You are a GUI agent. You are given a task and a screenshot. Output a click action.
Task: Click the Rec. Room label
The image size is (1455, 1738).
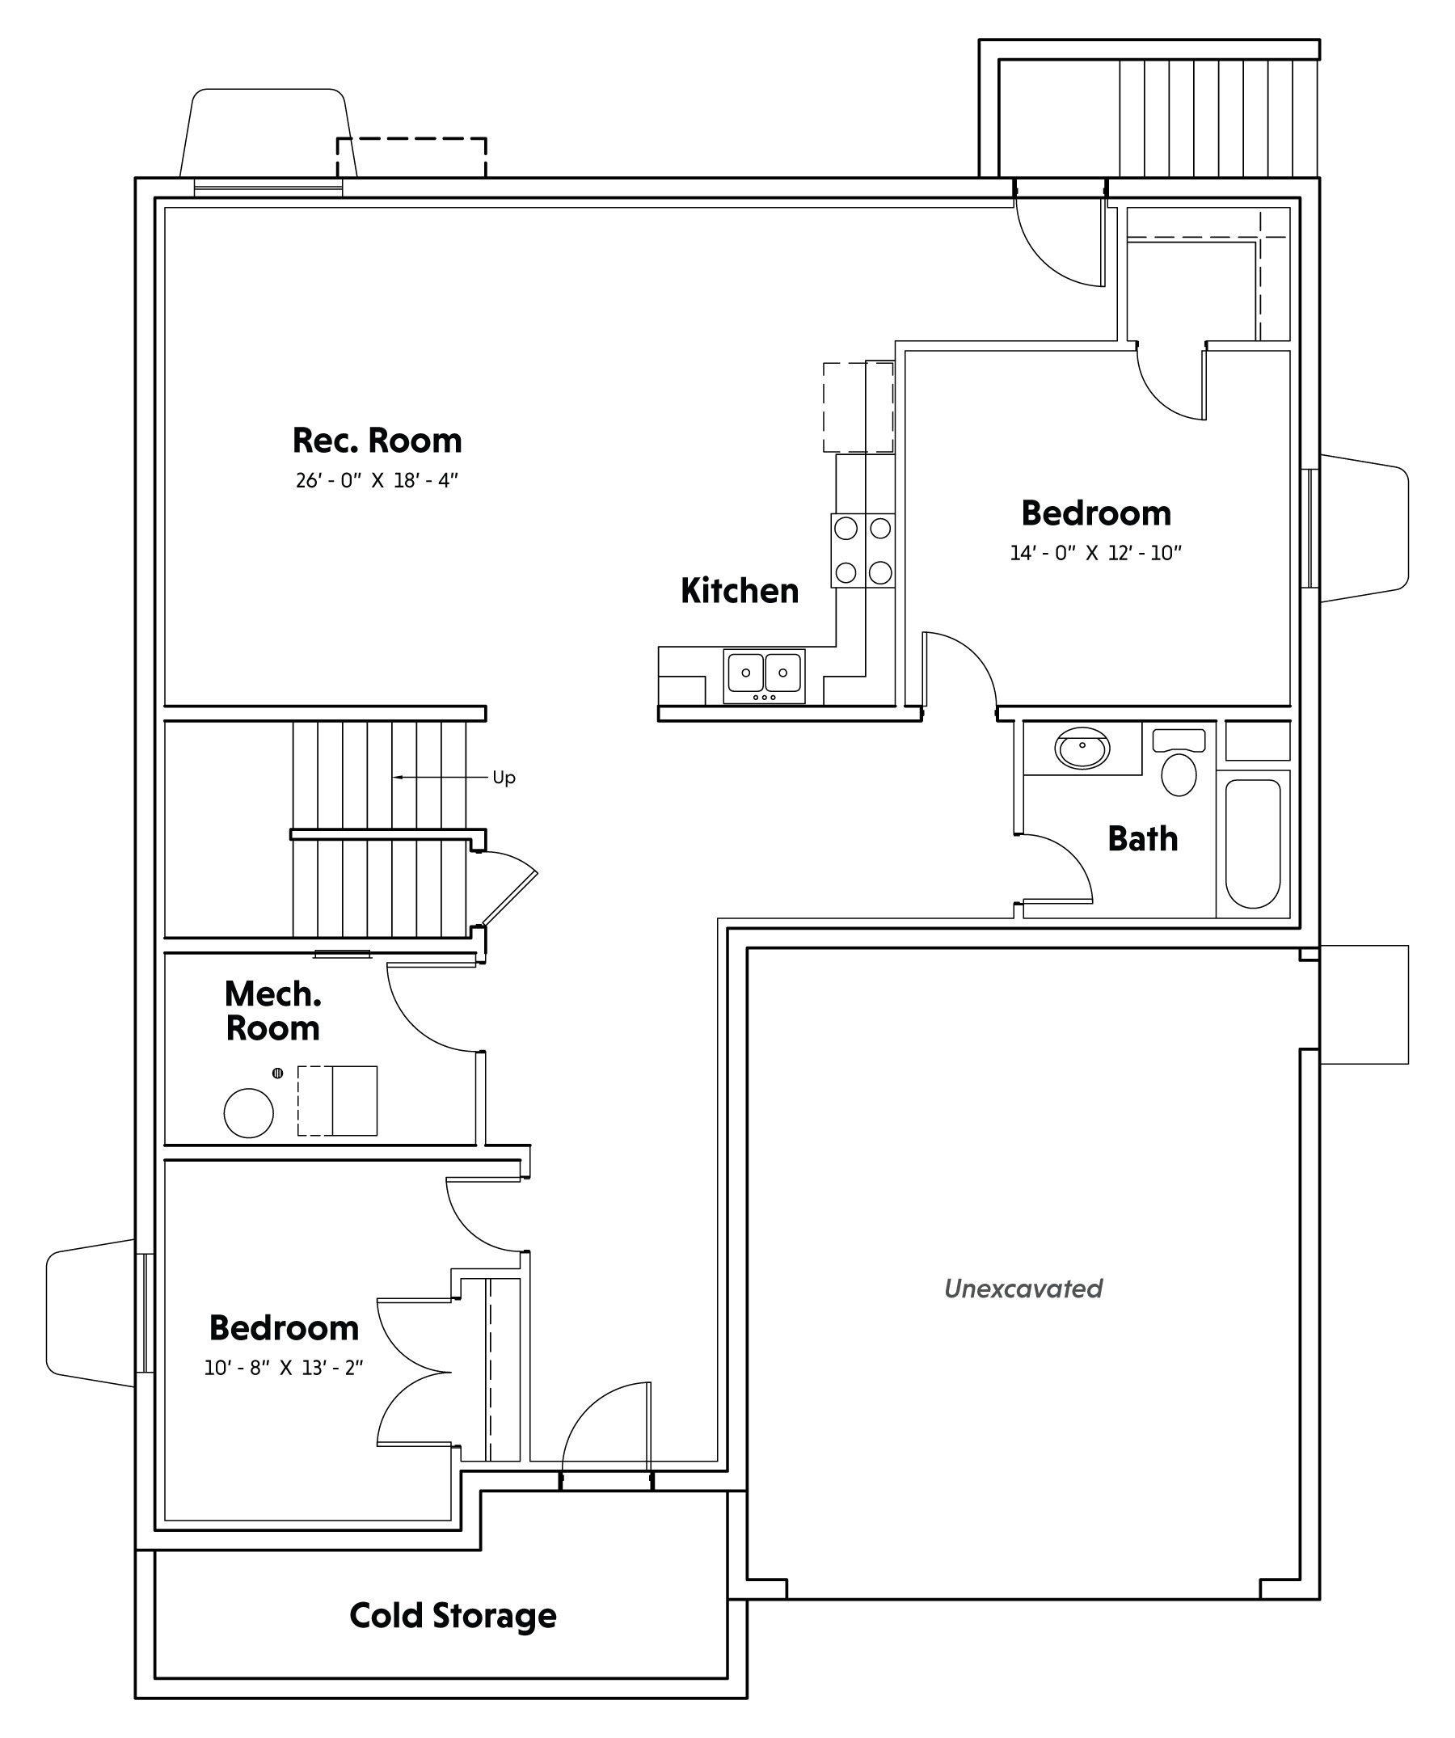pyautogui.click(x=377, y=441)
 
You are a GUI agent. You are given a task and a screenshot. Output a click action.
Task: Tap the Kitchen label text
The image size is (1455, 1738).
pyautogui.click(x=740, y=591)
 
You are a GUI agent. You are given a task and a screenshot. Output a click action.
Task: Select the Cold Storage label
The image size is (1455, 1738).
pyautogui.click(x=453, y=1617)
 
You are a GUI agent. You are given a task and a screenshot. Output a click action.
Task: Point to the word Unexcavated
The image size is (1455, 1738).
pyautogui.click(x=1023, y=1289)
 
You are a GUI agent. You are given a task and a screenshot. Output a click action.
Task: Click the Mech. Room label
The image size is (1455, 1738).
pyautogui.click(x=273, y=1010)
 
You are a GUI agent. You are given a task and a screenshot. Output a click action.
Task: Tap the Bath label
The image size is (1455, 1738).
pyautogui.click(x=1143, y=839)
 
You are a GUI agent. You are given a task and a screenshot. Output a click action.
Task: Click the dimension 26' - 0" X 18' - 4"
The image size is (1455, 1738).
pyautogui.click(x=377, y=480)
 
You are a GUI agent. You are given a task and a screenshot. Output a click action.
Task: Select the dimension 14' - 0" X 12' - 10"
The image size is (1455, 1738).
pyautogui.click(x=1096, y=553)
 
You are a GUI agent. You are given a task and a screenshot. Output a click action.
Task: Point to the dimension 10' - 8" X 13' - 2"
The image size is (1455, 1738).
pyautogui.click(x=284, y=1368)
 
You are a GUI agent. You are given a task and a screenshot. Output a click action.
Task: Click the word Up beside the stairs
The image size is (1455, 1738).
pyautogui.click(x=504, y=778)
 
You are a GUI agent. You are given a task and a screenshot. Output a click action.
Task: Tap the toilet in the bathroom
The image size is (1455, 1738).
pyautogui.click(x=1179, y=762)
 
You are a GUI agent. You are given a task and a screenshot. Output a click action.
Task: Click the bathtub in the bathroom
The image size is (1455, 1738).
pyautogui.click(x=1252, y=844)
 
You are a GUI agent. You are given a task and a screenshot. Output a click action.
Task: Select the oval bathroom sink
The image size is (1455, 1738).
pyautogui.click(x=1082, y=749)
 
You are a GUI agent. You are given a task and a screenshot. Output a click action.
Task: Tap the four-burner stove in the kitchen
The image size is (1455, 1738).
pyautogui.click(x=863, y=551)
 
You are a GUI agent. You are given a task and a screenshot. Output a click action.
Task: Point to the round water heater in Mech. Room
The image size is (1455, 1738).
pyautogui.click(x=248, y=1113)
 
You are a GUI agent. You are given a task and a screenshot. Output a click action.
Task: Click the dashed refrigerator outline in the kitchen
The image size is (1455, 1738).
pyautogui.click(x=858, y=407)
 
